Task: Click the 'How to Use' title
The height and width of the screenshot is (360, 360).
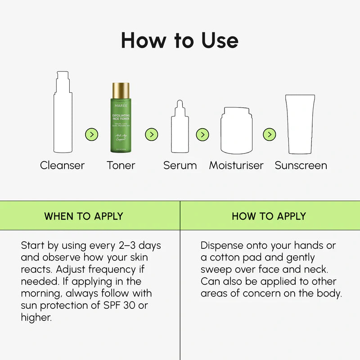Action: (x=180, y=40)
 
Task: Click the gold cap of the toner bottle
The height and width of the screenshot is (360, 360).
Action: (x=121, y=90)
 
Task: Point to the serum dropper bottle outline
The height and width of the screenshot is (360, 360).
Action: (x=180, y=128)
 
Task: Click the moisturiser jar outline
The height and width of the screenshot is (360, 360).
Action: (x=236, y=131)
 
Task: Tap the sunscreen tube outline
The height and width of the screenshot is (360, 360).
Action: (x=300, y=125)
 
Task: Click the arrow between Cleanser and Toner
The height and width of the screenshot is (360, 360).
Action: (x=91, y=134)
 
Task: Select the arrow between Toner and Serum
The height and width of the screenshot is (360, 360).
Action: (x=152, y=134)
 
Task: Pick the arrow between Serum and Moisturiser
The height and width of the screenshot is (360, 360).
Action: (x=202, y=134)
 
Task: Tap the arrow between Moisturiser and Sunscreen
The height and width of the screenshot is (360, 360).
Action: (x=269, y=134)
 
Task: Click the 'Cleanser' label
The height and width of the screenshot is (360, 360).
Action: (x=62, y=165)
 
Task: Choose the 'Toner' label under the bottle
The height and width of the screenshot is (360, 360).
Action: (x=121, y=165)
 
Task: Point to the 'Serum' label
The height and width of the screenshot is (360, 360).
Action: (x=180, y=165)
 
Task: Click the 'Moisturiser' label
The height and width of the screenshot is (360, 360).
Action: (x=236, y=165)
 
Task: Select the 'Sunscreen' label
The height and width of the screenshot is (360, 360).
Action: (x=301, y=165)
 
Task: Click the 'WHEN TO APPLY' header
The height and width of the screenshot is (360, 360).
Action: (x=83, y=216)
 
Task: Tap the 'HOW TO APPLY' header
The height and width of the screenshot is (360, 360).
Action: (x=269, y=216)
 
